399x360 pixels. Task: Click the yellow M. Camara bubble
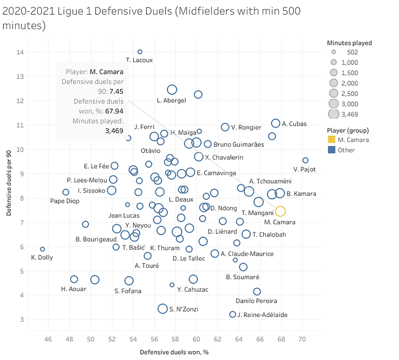pos(280,211)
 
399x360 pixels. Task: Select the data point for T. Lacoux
pos(140,52)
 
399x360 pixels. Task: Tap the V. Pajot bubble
pos(305,160)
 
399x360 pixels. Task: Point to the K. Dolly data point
pos(43,249)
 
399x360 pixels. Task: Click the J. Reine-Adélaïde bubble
pos(233,314)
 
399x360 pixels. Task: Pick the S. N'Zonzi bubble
pos(162,309)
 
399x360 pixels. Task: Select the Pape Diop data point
pos(66,192)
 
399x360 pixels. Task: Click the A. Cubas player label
pos(294,124)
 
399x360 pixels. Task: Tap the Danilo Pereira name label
pos(257,301)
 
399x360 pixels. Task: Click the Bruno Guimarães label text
pos(239,144)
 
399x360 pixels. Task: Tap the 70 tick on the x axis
pos(302,340)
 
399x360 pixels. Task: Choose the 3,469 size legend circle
pos(334,114)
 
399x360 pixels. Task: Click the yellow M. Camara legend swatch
pos(332,140)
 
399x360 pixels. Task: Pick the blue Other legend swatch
pos(332,150)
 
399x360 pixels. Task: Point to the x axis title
pos(174,352)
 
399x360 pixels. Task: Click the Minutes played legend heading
pos(349,43)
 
